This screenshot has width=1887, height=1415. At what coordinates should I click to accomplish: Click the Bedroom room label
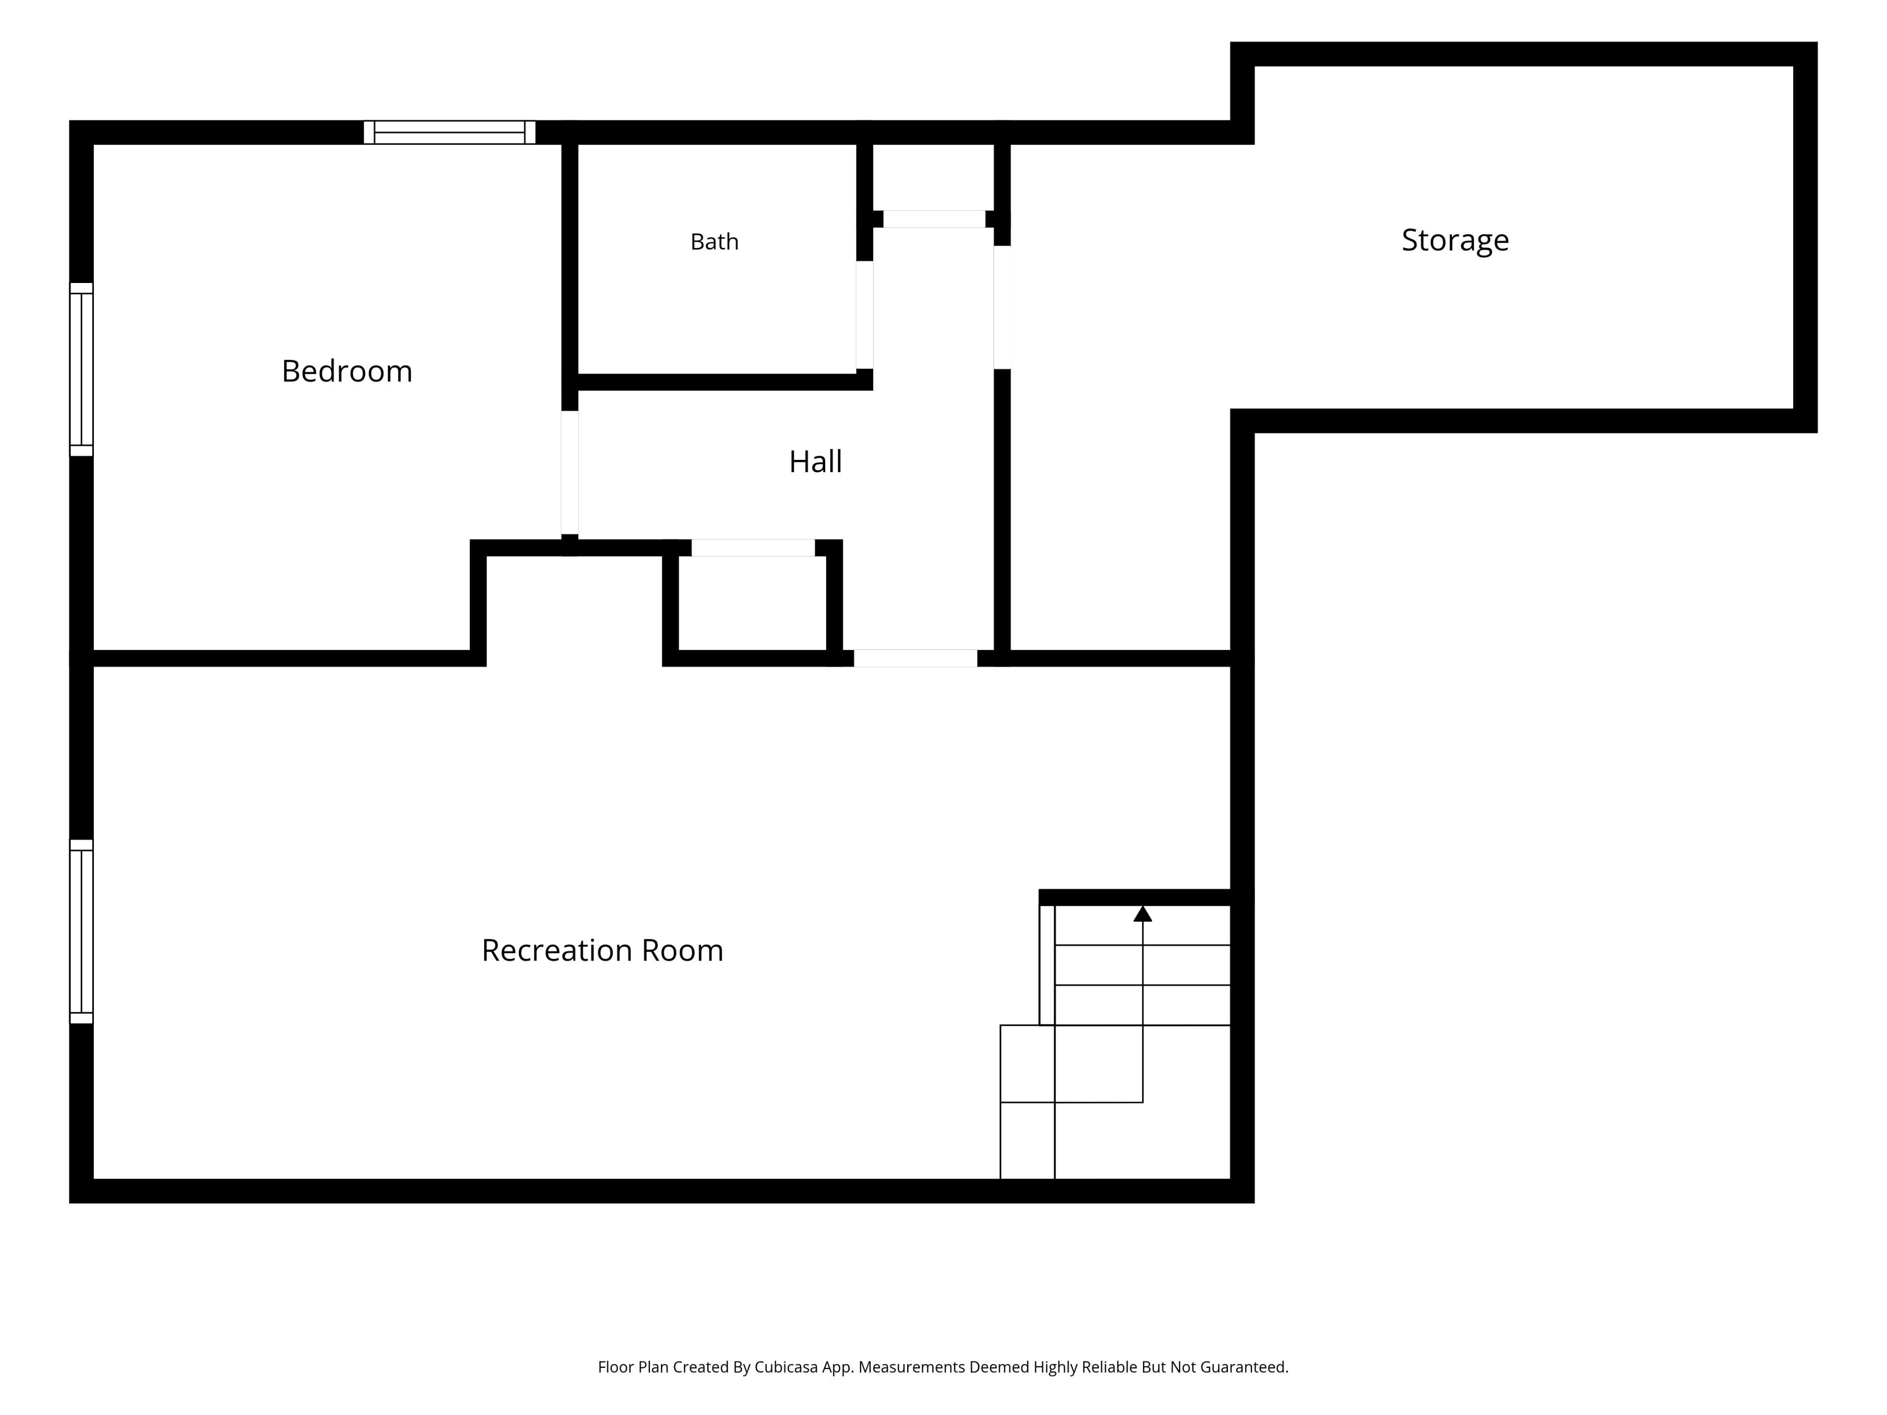point(347,371)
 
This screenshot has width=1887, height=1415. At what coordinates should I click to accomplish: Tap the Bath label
point(714,242)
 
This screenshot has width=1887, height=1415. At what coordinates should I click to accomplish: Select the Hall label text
point(816,461)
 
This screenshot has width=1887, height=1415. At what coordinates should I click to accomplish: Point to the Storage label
point(1456,241)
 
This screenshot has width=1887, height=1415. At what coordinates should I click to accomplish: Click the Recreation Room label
point(602,950)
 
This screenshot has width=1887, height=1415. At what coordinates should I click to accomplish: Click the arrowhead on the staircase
point(1143,913)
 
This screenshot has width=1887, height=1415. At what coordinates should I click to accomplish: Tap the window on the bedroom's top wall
point(450,132)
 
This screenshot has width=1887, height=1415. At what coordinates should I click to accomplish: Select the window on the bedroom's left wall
point(81,369)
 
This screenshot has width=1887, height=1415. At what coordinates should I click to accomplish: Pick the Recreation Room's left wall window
point(81,932)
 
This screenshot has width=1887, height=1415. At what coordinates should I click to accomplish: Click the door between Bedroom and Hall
point(570,473)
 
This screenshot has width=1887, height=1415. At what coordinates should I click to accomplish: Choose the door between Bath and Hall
point(865,315)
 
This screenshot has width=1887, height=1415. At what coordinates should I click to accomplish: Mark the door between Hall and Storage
point(1002,307)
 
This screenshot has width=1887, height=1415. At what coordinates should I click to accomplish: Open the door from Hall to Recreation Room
point(915,658)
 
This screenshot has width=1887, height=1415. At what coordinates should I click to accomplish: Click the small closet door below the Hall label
point(753,548)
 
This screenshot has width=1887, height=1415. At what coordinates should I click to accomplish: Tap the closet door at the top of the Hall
point(934,219)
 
